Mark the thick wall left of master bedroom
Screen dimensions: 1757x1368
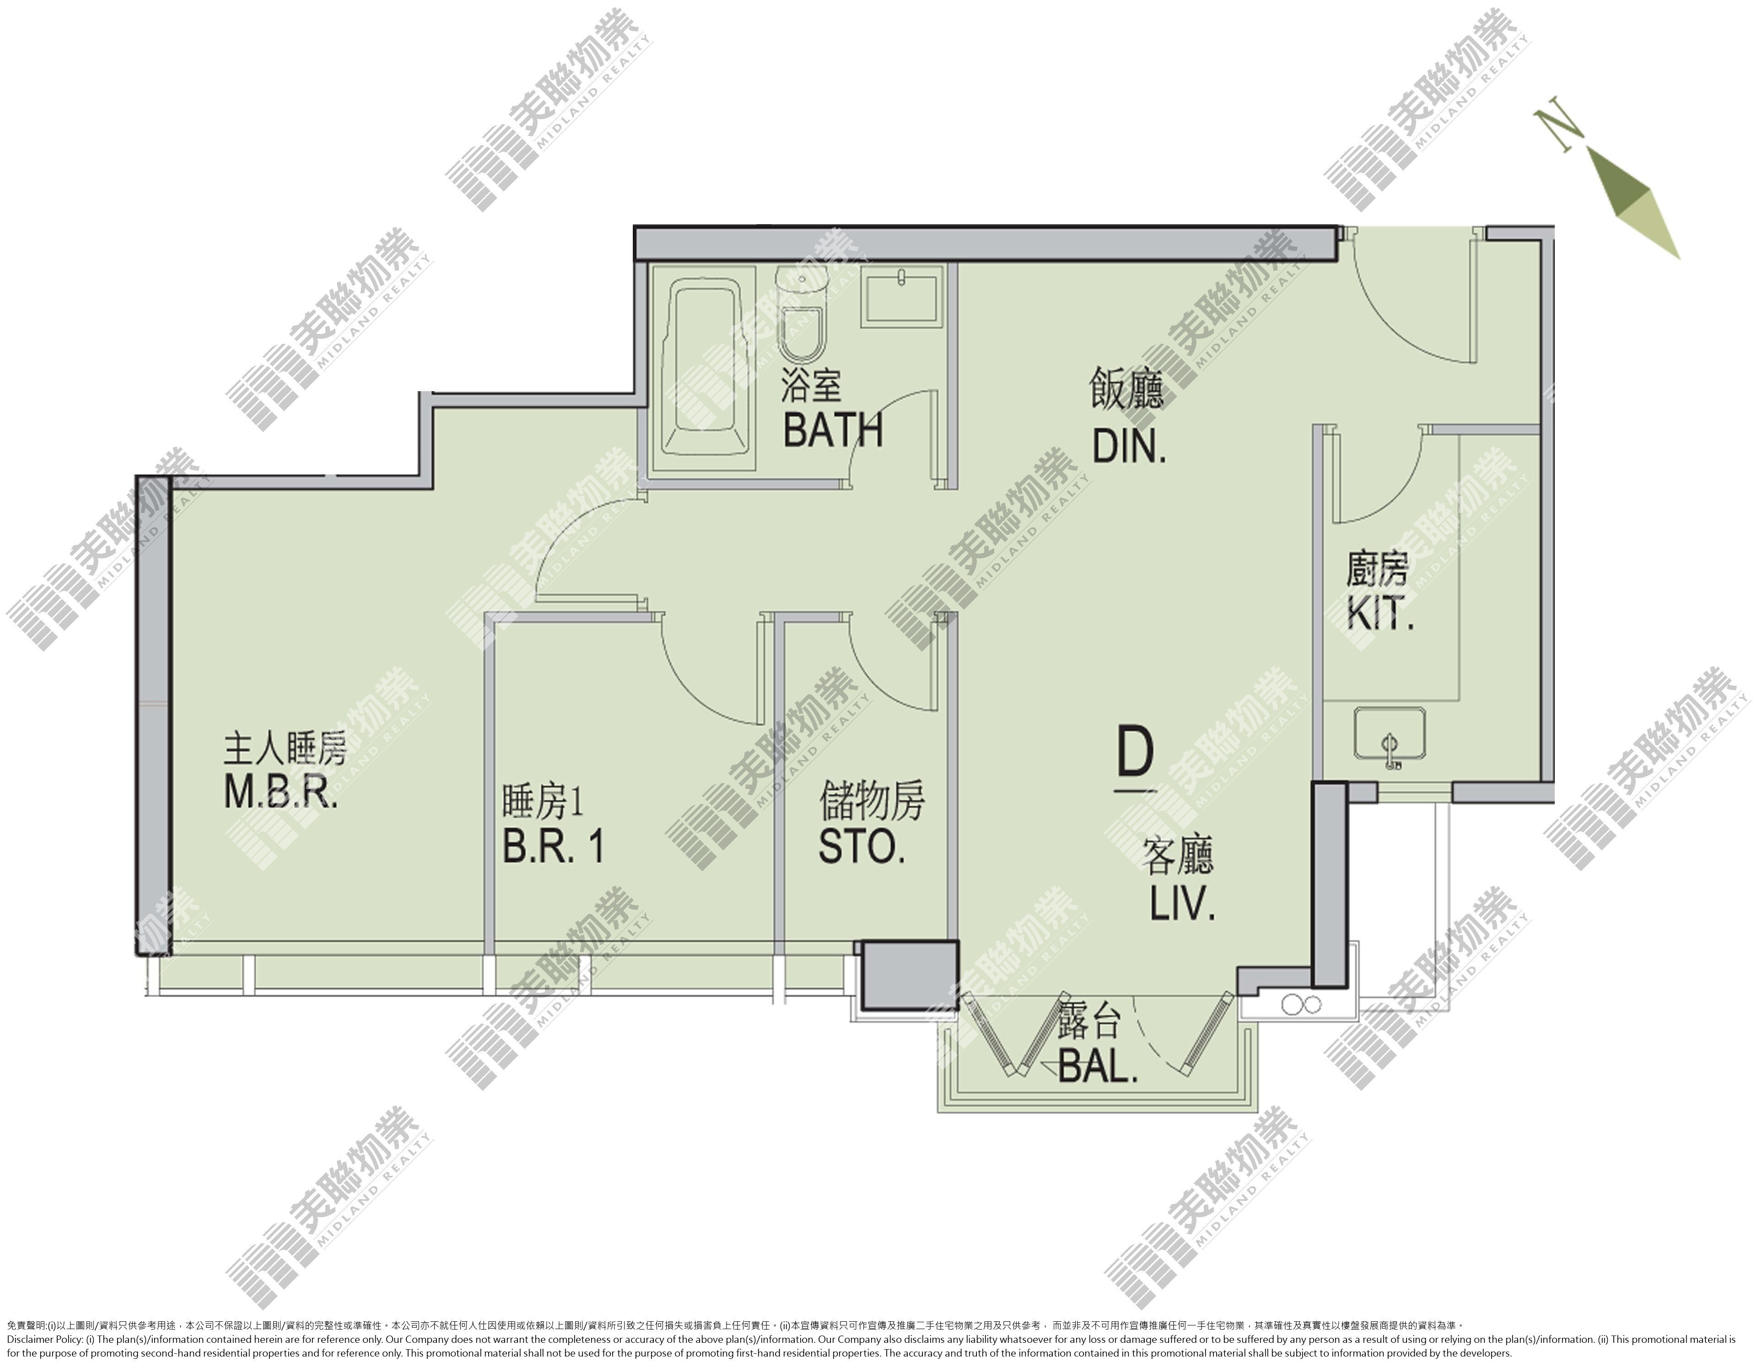pyautogui.click(x=153, y=715)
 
